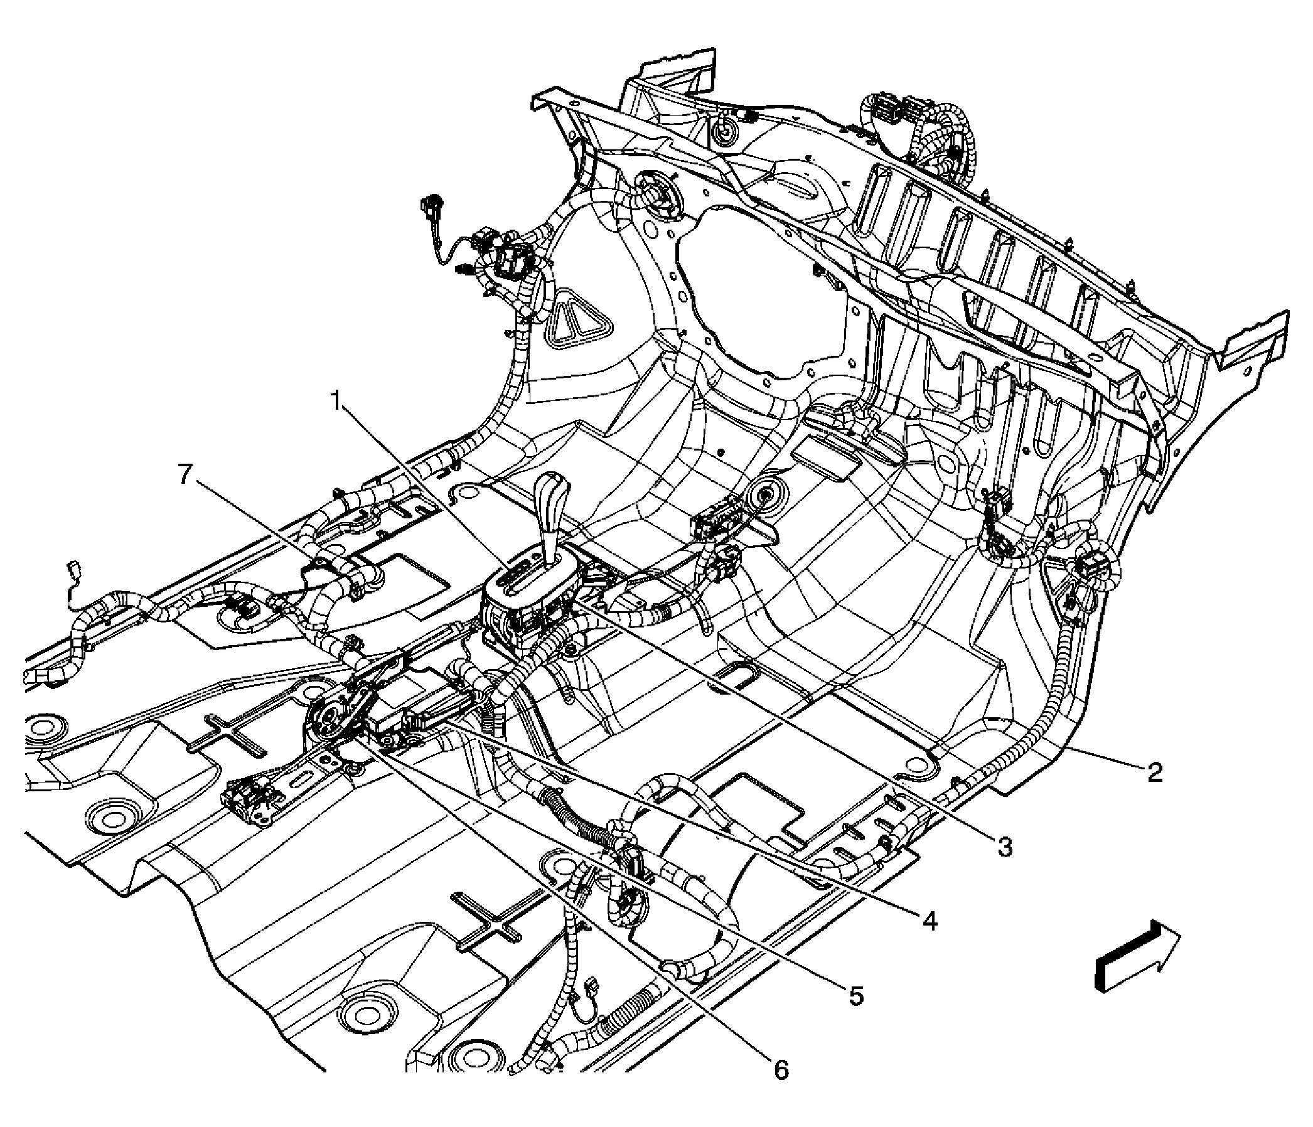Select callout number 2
[1154, 772]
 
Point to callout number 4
[929, 921]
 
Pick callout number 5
[855, 996]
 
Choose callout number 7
[185, 474]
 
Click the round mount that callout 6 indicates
[331, 722]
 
